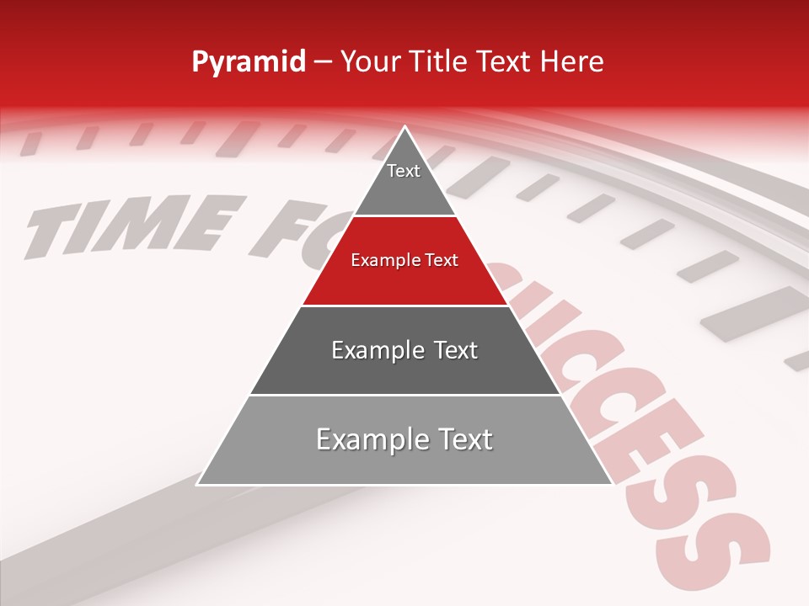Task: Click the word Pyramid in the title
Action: click(x=249, y=62)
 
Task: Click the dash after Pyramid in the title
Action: click(x=324, y=62)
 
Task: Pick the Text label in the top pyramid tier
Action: click(x=404, y=171)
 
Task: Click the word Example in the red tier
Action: click(x=383, y=261)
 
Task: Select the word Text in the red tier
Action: click(x=442, y=261)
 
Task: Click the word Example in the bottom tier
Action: click(x=367, y=439)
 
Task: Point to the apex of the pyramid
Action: click(x=404, y=128)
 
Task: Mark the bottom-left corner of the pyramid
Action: click(x=198, y=484)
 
